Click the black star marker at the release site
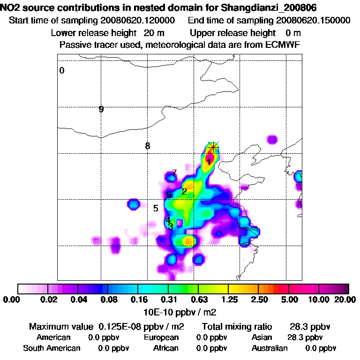tap(213, 147)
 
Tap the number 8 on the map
tap(148, 146)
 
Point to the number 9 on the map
tap(101, 109)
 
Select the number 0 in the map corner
tap(62, 71)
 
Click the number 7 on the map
tap(174, 173)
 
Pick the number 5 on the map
tap(156, 208)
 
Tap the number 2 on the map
tap(184, 191)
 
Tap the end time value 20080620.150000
tap(314, 21)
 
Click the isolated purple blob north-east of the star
tap(271, 139)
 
